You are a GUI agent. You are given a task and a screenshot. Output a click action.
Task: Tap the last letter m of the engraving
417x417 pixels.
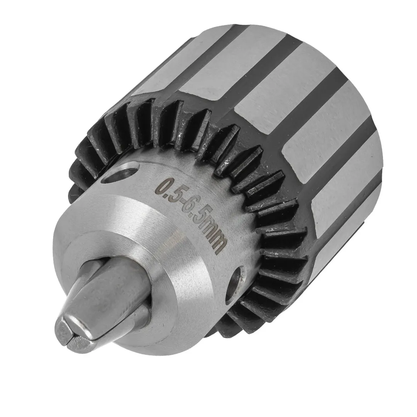219,246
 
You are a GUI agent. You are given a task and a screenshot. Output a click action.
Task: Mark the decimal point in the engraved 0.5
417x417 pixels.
169,189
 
